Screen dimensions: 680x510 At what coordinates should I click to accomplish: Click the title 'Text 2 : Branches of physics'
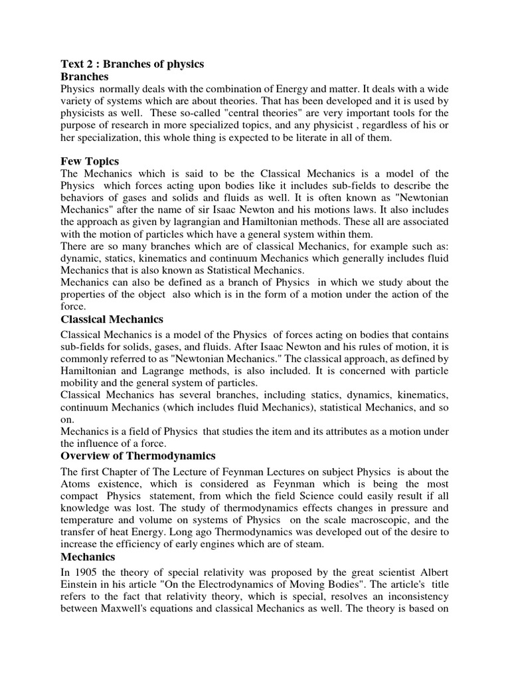(x=132, y=64)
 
